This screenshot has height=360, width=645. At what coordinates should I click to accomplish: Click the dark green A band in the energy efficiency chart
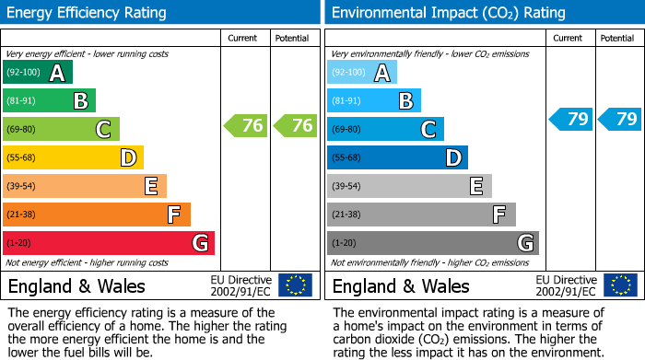pyautogui.click(x=37, y=73)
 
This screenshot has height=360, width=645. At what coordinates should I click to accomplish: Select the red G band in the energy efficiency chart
pyautogui.click(x=109, y=243)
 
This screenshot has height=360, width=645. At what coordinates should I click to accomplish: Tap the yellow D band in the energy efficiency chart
pyautogui.click(x=73, y=158)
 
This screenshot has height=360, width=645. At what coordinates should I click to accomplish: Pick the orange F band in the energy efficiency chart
pyautogui.click(x=97, y=215)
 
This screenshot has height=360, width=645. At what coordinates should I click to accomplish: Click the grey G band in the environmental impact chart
pyautogui.click(x=432, y=243)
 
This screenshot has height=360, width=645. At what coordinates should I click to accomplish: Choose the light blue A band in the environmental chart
pyautogui.click(x=362, y=73)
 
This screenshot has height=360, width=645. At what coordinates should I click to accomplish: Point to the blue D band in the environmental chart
pyautogui.click(x=397, y=158)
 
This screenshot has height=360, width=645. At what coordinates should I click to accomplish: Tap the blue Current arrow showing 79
pyautogui.click(x=569, y=119)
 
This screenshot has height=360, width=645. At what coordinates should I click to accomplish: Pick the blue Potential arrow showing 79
pyautogui.click(x=619, y=119)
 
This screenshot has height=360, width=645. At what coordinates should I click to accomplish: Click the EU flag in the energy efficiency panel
pyautogui.click(x=295, y=285)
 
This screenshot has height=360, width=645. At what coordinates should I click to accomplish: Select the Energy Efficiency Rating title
pyautogui.click(x=88, y=13)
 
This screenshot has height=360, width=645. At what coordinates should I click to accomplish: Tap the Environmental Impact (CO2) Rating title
pyautogui.click(x=435, y=13)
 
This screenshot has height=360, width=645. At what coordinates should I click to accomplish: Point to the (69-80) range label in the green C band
pyautogui.click(x=21, y=130)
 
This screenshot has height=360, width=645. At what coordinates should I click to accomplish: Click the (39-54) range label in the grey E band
pyautogui.click(x=346, y=187)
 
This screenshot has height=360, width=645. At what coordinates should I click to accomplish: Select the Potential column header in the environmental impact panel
pyautogui.click(x=617, y=38)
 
